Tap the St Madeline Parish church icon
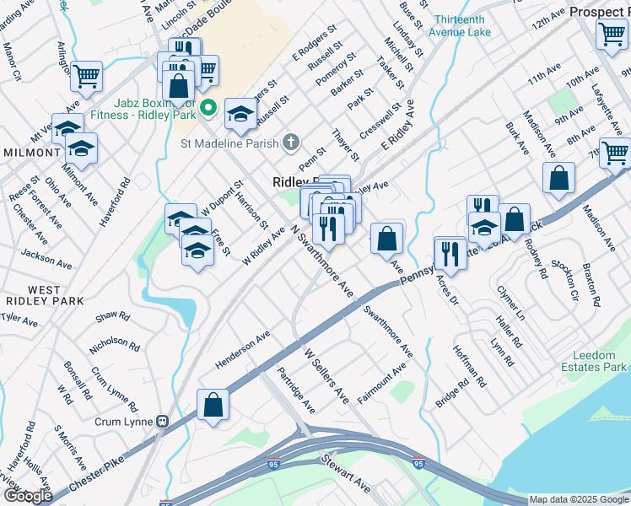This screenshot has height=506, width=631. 291,142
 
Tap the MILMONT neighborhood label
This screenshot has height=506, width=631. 30,153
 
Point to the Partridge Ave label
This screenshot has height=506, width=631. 296,390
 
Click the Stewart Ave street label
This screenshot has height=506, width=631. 344,475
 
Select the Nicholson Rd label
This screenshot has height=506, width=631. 114,342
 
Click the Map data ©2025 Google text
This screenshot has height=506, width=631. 578,499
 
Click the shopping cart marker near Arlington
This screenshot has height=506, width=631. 86,76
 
